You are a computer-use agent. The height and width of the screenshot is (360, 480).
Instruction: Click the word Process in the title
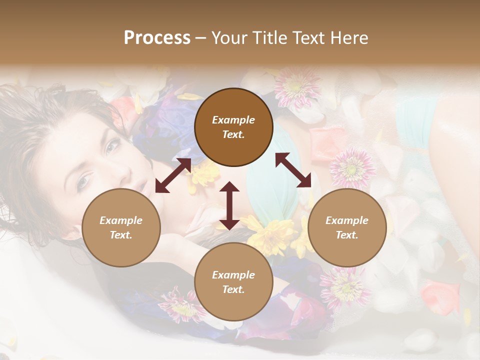[x=157, y=38]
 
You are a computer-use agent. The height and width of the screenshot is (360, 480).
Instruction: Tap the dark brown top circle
[x=233, y=127]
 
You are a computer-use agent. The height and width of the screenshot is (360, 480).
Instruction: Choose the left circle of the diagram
[x=121, y=227]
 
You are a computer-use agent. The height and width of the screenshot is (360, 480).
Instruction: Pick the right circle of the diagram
[x=347, y=227]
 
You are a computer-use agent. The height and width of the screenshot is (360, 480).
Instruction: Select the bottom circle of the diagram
[x=233, y=282]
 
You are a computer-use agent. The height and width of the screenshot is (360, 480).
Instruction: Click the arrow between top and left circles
[x=172, y=175]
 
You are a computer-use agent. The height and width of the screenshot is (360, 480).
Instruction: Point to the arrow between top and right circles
[x=293, y=170]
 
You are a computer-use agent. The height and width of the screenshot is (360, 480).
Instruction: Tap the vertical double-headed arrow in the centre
[x=229, y=205]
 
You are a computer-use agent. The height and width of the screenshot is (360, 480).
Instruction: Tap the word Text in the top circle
[x=233, y=134]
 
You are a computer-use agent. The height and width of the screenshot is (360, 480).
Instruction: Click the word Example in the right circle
[x=347, y=220]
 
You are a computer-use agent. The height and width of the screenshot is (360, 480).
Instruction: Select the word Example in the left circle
[x=121, y=220]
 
